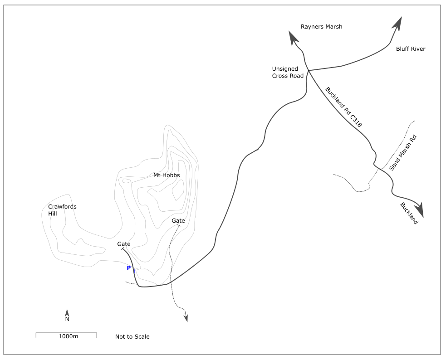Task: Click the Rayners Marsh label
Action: point(321,27)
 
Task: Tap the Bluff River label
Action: point(411,49)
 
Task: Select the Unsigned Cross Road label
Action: point(288,73)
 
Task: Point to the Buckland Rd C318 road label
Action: point(343,106)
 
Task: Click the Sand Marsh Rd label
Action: point(403,152)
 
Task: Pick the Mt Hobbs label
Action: point(167,175)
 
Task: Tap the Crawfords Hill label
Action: point(62,210)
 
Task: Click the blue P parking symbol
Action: point(129,268)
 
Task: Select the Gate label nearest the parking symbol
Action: point(124,244)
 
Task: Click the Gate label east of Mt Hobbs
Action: point(178,220)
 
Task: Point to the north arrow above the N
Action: point(67,312)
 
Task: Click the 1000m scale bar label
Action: point(68,336)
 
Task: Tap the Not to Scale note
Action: point(132,336)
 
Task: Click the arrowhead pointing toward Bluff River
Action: point(398,23)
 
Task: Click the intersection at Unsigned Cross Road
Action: point(309,71)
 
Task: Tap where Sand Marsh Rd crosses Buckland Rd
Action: point(377,168)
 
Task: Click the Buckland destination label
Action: point(408,213)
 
